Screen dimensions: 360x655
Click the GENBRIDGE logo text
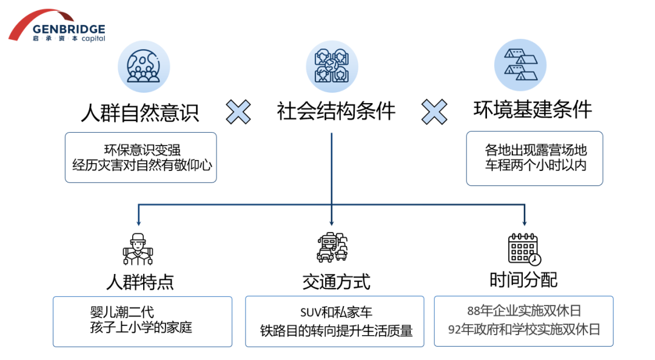coord(69,29)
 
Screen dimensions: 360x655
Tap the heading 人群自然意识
coord(140,112)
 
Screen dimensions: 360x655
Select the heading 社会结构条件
coord(336,111)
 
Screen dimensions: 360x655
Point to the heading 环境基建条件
coord(532,110)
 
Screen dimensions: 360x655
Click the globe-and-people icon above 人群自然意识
coord(143,67)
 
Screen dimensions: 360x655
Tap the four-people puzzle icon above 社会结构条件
coord(332,67)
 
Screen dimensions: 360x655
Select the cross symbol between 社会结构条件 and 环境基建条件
coord(434,112)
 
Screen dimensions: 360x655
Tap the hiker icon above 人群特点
coord(138,249)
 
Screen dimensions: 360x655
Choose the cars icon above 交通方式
coord(332,248)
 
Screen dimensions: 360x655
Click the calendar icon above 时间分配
coord(524,248)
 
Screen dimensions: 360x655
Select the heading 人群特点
coord(140,282)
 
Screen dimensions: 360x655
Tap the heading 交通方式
coord(335,282)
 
